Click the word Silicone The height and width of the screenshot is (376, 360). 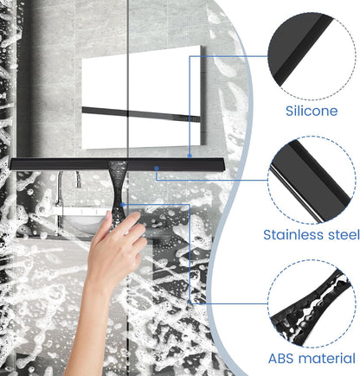coord(312,111)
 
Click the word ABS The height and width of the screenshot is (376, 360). coord(281,359)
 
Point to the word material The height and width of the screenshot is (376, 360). coord(327,359)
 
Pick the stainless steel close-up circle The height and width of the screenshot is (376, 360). coord(312,180)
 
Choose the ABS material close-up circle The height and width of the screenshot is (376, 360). coord(312,304)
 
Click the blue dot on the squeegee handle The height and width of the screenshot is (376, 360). coord(123,205)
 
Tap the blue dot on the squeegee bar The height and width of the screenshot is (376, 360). coord(157,168)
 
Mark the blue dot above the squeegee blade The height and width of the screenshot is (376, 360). coord(190,156)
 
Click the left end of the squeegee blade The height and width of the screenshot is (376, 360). coord(11,164)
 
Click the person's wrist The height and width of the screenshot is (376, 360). coord(97,281)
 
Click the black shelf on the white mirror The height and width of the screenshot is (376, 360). coord(141,114)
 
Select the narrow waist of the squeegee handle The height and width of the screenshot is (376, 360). coord(118,188)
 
